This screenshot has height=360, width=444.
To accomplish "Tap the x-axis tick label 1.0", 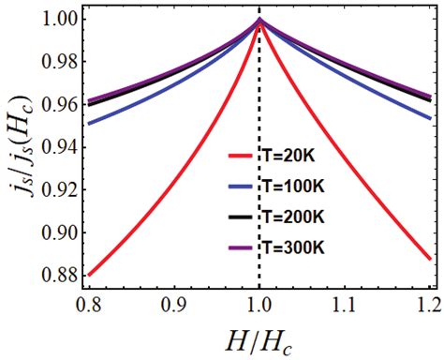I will coord(259,305).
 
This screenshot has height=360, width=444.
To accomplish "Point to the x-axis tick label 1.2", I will coord(426,305).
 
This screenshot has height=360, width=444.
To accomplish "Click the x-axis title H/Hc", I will coord(256,340).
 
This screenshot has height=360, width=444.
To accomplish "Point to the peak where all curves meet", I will coord(259,20).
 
